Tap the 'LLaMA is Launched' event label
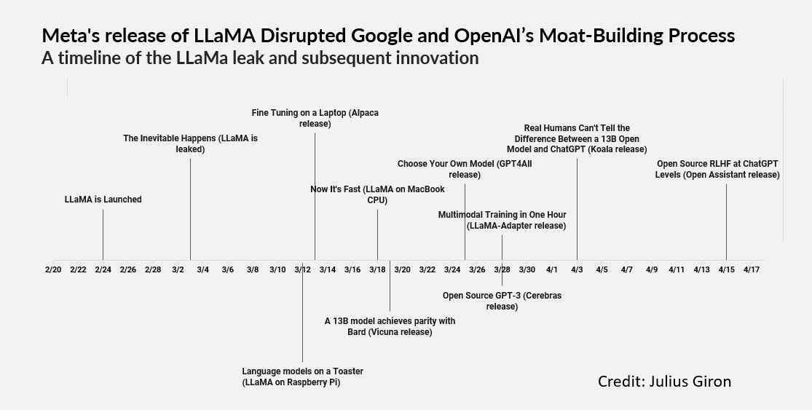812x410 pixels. pyautogui.click(x=103, y=200)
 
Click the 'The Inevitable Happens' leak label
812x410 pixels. pyautogui.click(x=190, y=143)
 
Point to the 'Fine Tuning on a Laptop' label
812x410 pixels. pyautogui.click(x=315, y=118)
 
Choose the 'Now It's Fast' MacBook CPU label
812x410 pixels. pyautogui.click(x=377, y=194)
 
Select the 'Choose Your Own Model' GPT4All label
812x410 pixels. pyautogui.click(x=465, y=169)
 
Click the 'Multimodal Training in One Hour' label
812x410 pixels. pyautogui.click(x=502, y=220)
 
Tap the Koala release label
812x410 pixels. pyautogui.click(x=577, y=138)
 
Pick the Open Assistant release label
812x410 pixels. pyautogui.click(x=717, y=169)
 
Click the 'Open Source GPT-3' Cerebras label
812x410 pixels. pyautogui.click(x=502, y=301)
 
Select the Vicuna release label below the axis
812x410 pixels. pyautogui.click(x=390, y=326)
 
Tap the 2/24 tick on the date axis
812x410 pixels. pyautogui.click(x=103, y=269)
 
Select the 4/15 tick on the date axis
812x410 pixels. pyautogui.click(x=726, y=269)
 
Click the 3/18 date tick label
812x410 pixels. pyautogui.click(x=377, y=269)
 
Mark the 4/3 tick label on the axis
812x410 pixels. pyautogui.click(x=577, y=269)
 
